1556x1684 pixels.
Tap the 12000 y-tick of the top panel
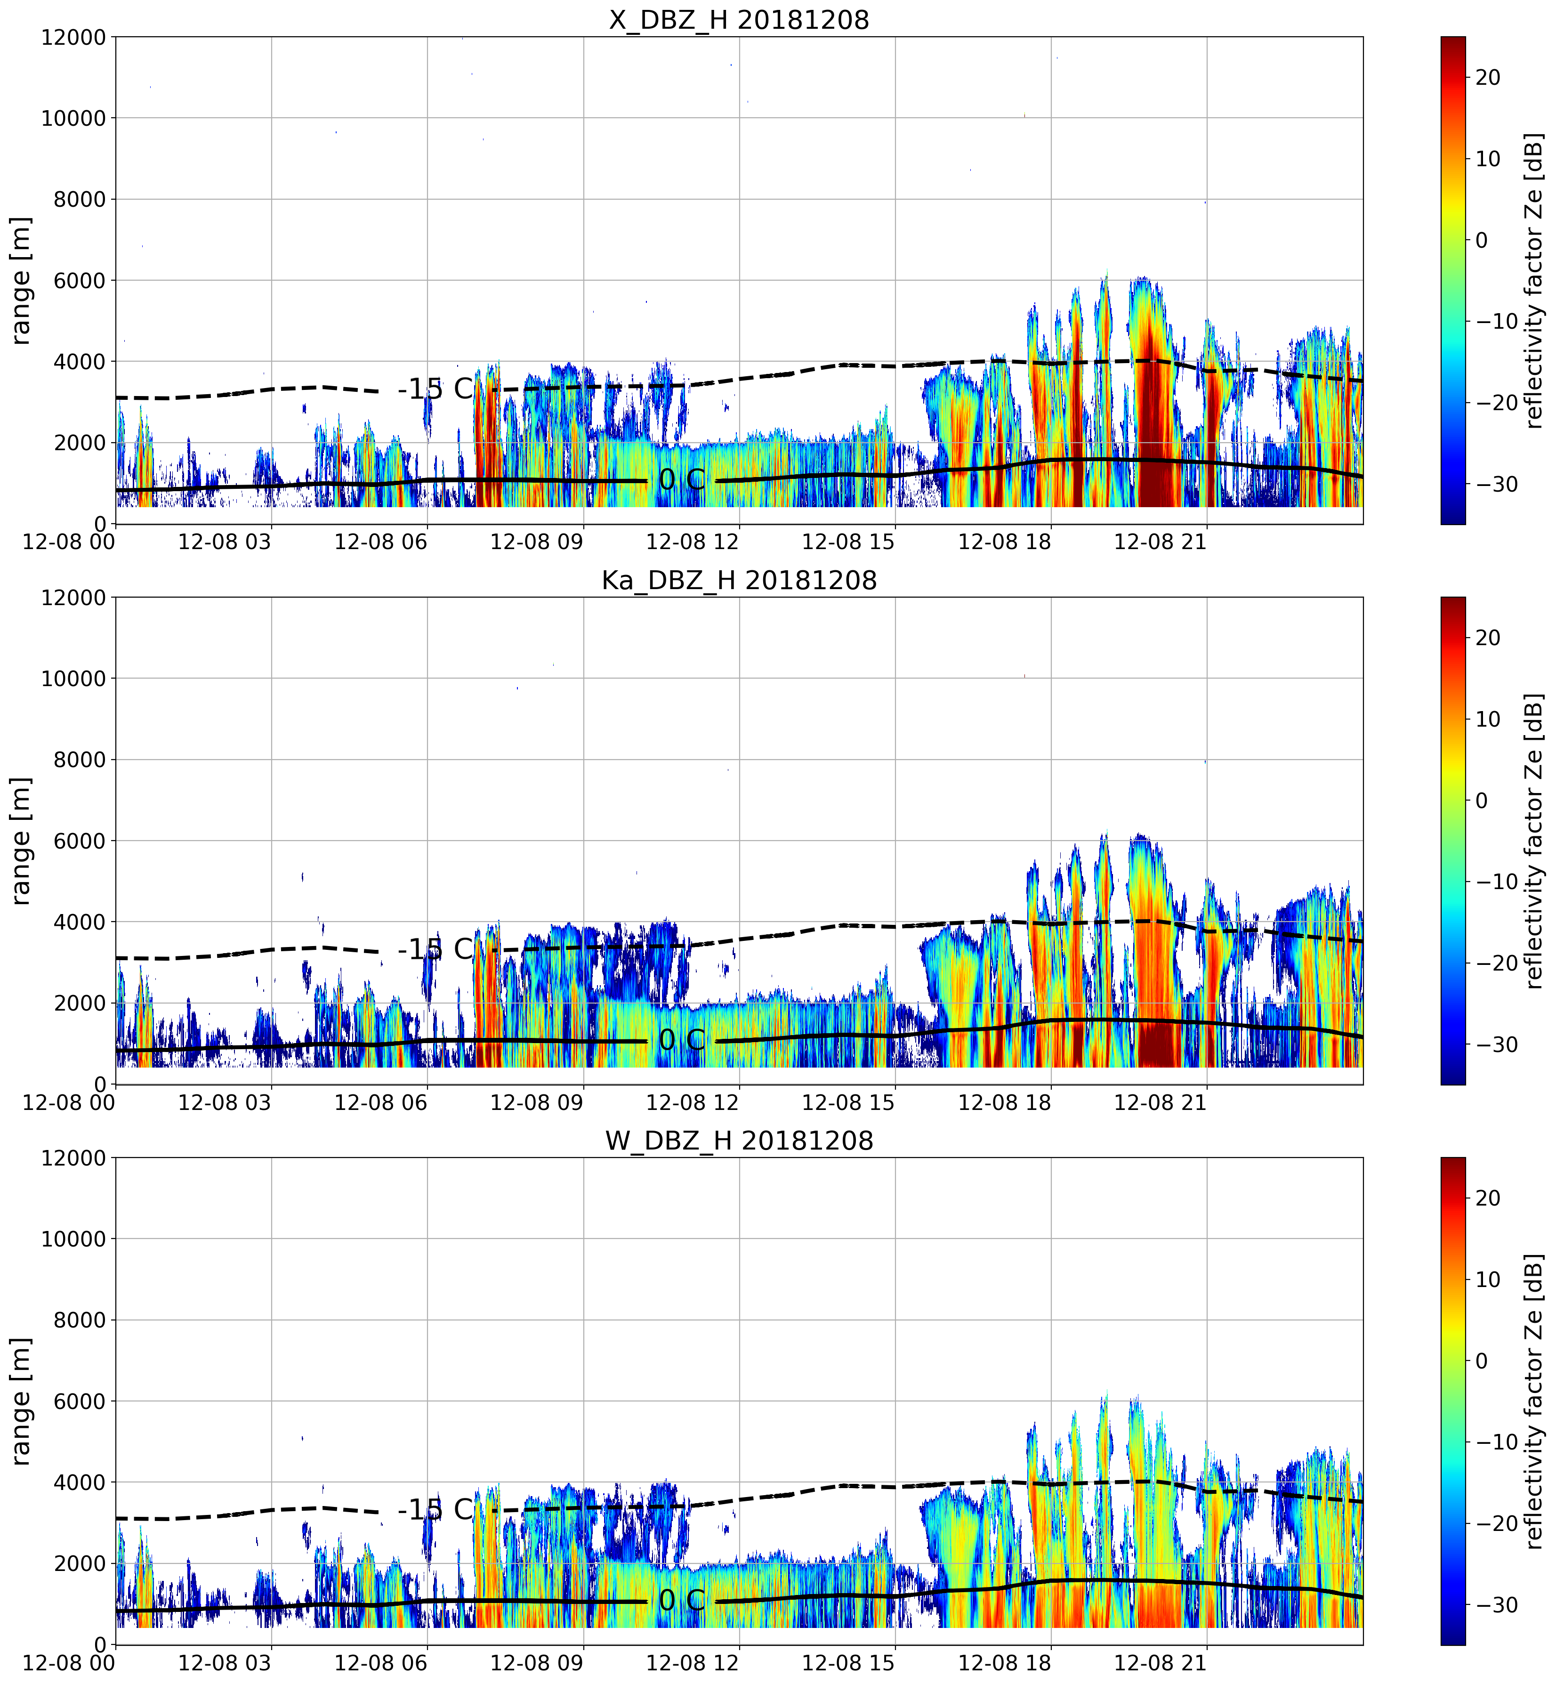[x=73, y=37]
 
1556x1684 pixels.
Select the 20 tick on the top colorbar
[x=1488, y=77]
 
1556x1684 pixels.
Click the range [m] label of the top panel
[x=21, y=280]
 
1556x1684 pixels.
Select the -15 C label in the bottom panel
[x=436, y=1510]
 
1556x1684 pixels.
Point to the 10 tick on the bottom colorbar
[x=1488, y=1279]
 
